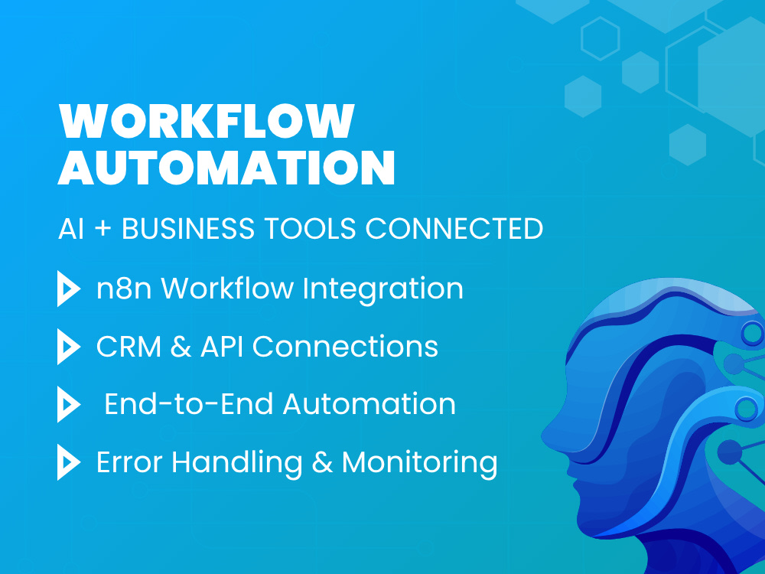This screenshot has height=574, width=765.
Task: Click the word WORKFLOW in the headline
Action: [207, 121]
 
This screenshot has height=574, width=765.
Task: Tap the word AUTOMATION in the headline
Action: [226, 168]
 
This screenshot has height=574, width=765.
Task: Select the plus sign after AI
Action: [103, 229]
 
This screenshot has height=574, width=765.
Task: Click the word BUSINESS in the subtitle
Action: [188, 228]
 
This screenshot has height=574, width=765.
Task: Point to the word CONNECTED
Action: [454, 228]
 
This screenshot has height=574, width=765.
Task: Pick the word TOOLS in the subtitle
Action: [310, 228]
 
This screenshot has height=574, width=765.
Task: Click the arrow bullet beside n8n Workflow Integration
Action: [69, 289]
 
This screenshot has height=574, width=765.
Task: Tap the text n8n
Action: [124, 289]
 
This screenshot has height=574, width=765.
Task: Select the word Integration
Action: [383, 290]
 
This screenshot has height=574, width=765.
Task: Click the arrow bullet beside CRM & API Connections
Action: [69, 347]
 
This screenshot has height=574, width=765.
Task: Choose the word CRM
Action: [129, 347]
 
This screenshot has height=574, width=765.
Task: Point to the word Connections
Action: [345, 347]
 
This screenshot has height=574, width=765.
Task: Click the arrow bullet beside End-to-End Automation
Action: [69, 404]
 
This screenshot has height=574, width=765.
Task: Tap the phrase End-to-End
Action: [189, 404]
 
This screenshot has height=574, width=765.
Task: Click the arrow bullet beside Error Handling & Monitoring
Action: [69, 461]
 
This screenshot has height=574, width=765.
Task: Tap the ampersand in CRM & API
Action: [181, 347]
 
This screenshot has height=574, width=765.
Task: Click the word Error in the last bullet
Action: [129, 462]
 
